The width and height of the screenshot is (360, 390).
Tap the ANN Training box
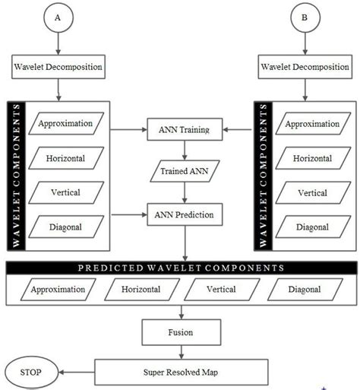coord(180,131)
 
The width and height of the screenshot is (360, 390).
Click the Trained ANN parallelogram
coord(180,173)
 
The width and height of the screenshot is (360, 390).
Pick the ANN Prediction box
coord(180,215)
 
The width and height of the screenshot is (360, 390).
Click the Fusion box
coord(180,331)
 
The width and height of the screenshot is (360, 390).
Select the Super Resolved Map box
coord(180,373)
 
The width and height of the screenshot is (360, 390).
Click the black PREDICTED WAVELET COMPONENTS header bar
coord(180,268)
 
